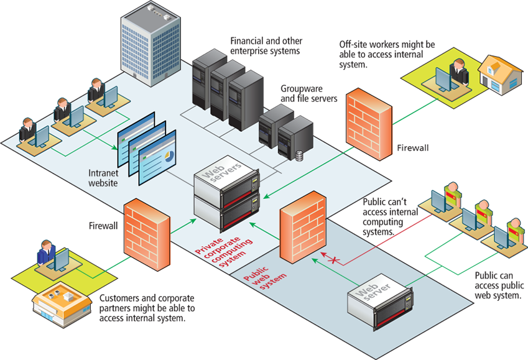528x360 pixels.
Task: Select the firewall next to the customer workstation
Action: pyautogui.click(x=147, y=227)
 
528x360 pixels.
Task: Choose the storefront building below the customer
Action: pyautogui.click(x=58, y=304)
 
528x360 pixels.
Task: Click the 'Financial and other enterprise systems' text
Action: pyautogui.click(x=266, y=45)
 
